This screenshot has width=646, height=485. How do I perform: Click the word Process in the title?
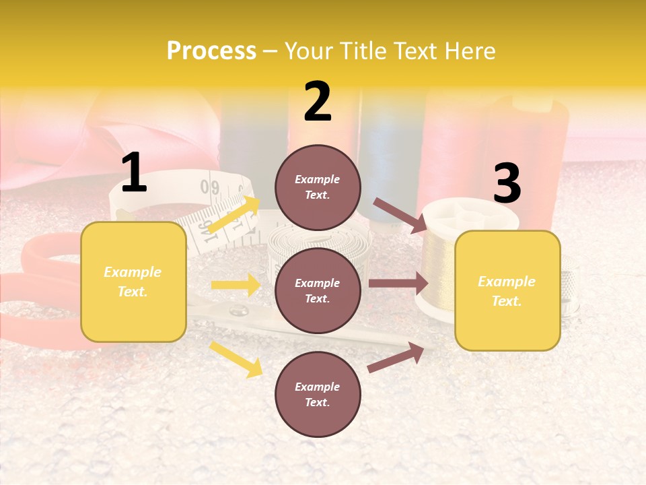(x=211, y=51)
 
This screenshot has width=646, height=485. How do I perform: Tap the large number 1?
(x=134, y=173)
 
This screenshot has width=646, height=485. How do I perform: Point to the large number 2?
(x=318, y=102)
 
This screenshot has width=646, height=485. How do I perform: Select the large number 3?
(x=507, y=184)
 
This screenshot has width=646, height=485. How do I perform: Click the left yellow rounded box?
(x=133, y=282)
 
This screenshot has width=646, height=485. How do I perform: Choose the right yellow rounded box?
(x=507, y=290)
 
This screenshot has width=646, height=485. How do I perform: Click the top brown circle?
(x=318, y=187)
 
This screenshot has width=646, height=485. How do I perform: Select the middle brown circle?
(x=318, y=290)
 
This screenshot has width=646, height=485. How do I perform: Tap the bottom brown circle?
(x=318, y=394)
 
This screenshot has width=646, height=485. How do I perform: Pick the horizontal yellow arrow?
(x=235, y=285)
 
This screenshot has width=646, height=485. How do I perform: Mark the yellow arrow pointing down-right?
(x=236, y=359)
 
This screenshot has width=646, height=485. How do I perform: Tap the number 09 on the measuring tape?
(x=210, y=186)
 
